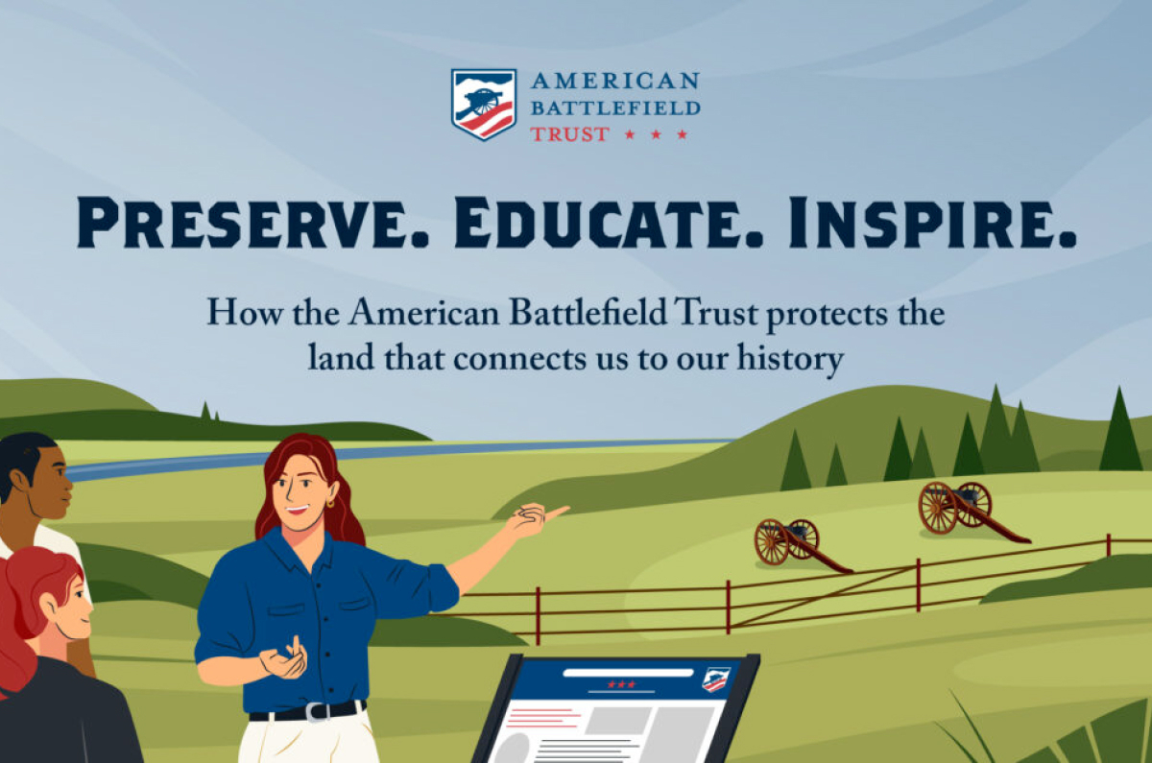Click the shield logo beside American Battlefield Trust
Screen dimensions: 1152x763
(x=484, y=105)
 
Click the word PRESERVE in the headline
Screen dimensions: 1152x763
(x=252, y=223)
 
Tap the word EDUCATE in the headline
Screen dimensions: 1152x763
(x=609, y=223)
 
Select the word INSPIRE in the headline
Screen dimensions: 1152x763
(x=932, y=223)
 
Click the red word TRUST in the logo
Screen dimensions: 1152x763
(x=570, y=134)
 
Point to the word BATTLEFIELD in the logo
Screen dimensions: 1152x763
(x=615, y=107)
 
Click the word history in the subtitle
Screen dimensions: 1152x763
(x=790, y=359)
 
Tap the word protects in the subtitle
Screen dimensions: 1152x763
(x=825, y=315)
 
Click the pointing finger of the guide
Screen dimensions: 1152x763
(x=557, y=512)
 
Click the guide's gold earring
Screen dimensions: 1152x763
(x=329, y=503)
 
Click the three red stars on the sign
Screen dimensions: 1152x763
(x=621, y=684)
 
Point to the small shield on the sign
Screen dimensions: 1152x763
(x=716, y=680)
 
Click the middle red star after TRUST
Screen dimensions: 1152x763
(x=656, y=134)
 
